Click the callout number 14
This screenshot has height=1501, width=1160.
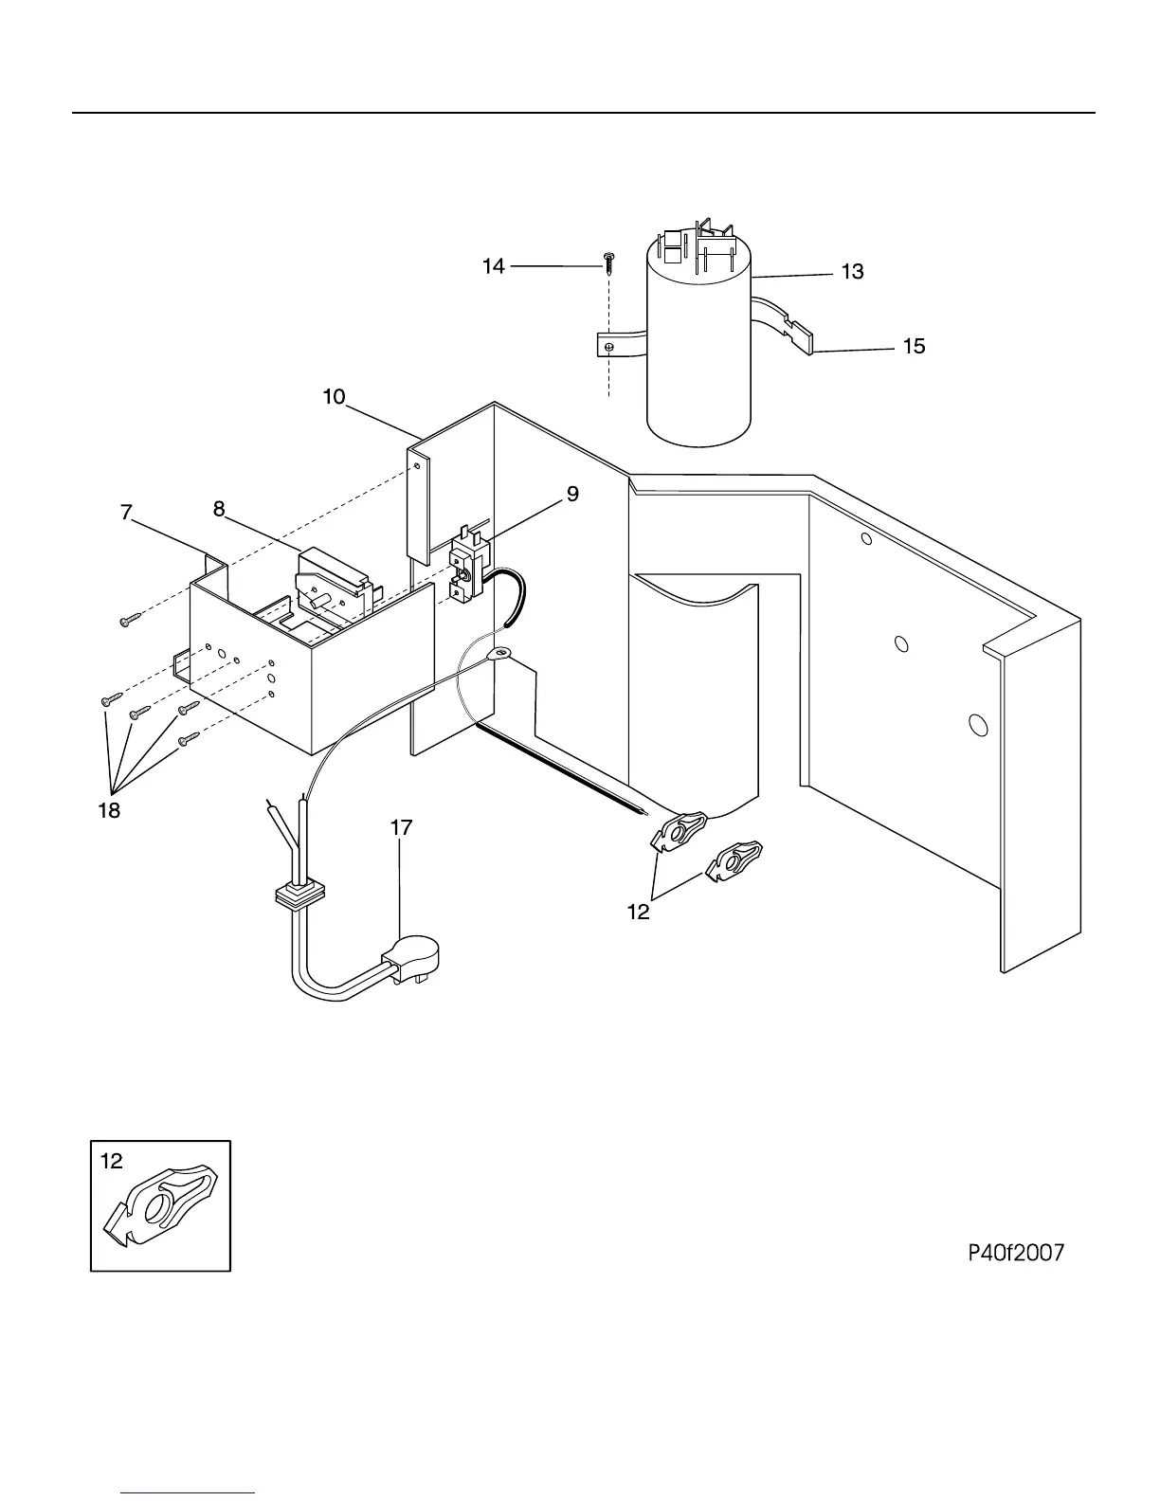pyautogui.click(x=494, y=267)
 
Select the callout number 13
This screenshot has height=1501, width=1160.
pyautogui.click(x=852, y=272)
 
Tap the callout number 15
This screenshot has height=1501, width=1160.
pyautogui.click(x=913, y=347)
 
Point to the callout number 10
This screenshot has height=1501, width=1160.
pyautogui.click(x=334, y=396)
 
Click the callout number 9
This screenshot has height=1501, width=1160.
pyautogui.click(x=571, y=494)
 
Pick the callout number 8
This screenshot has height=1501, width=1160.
pyautogui.click(x=219, y=510)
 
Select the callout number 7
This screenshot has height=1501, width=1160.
pyautogui.click(x=126, y=513)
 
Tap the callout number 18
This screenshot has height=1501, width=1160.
pyautogui.click(x=109, y=811)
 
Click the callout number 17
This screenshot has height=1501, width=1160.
pyautogui.click(x=402, y=827)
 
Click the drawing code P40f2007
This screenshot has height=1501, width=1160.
pyautogui.click(x=1015, y=1253)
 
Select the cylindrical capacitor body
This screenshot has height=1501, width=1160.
pyautogui.click(x=698, y=351)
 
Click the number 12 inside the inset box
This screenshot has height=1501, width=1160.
pyautogui.click(x=112, y=1161)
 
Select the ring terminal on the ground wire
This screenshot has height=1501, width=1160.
pyautogui.click(x=498, y=653)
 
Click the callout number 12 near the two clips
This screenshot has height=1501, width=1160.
pyautogui.click(x=639, y=912)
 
